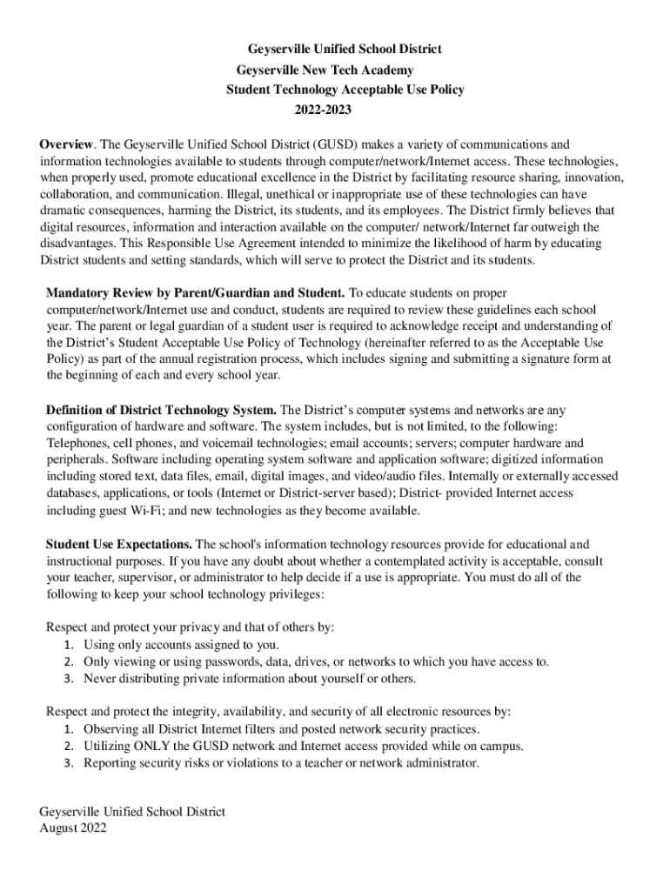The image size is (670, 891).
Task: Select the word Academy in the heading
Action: [386, 70]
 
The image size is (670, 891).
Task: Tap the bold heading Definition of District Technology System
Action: [161, 409]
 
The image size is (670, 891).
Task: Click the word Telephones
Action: [77, 442]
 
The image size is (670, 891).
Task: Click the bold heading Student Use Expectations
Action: [119, 544]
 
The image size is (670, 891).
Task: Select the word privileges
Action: [291, 593]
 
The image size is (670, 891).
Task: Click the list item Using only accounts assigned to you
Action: [181, 644]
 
